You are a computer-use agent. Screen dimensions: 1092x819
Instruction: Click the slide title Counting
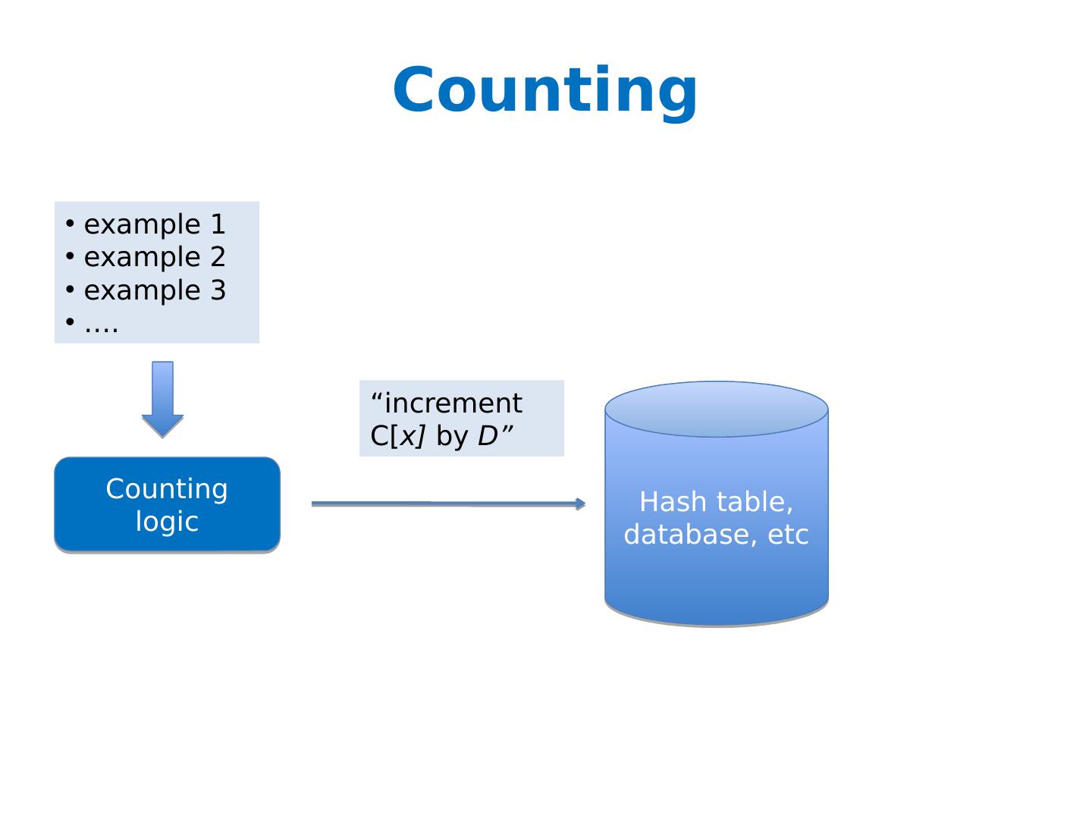coord(544,93)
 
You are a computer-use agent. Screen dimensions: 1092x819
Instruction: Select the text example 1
coord(155,224)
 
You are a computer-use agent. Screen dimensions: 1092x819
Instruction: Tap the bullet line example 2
coord(146,257)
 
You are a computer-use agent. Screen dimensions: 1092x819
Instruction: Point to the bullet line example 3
coord(146,290)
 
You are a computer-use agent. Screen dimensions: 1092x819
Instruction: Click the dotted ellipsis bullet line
coord(92,325)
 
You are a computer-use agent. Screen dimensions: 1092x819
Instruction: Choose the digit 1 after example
coord(218,224)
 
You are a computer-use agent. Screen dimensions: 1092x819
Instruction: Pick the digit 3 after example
coord(218,290)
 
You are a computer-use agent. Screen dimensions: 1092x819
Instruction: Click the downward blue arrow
coord(163,400)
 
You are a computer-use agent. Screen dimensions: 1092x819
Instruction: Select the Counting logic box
coord(167,504)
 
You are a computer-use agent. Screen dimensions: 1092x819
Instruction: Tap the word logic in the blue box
coord(167,522)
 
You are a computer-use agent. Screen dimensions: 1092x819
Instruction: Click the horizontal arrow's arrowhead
coord(581,504)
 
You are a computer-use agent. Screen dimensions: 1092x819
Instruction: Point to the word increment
coord(453,403)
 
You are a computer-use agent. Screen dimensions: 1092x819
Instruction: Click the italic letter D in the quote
coord(488,436)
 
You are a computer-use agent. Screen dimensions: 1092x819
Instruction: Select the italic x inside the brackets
coord(408,437)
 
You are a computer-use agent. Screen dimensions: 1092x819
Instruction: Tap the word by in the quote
coord(452,437)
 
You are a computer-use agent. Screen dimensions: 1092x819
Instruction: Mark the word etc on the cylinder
coord(789,535)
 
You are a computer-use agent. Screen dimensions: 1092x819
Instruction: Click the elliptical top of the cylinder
coord(717,409)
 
